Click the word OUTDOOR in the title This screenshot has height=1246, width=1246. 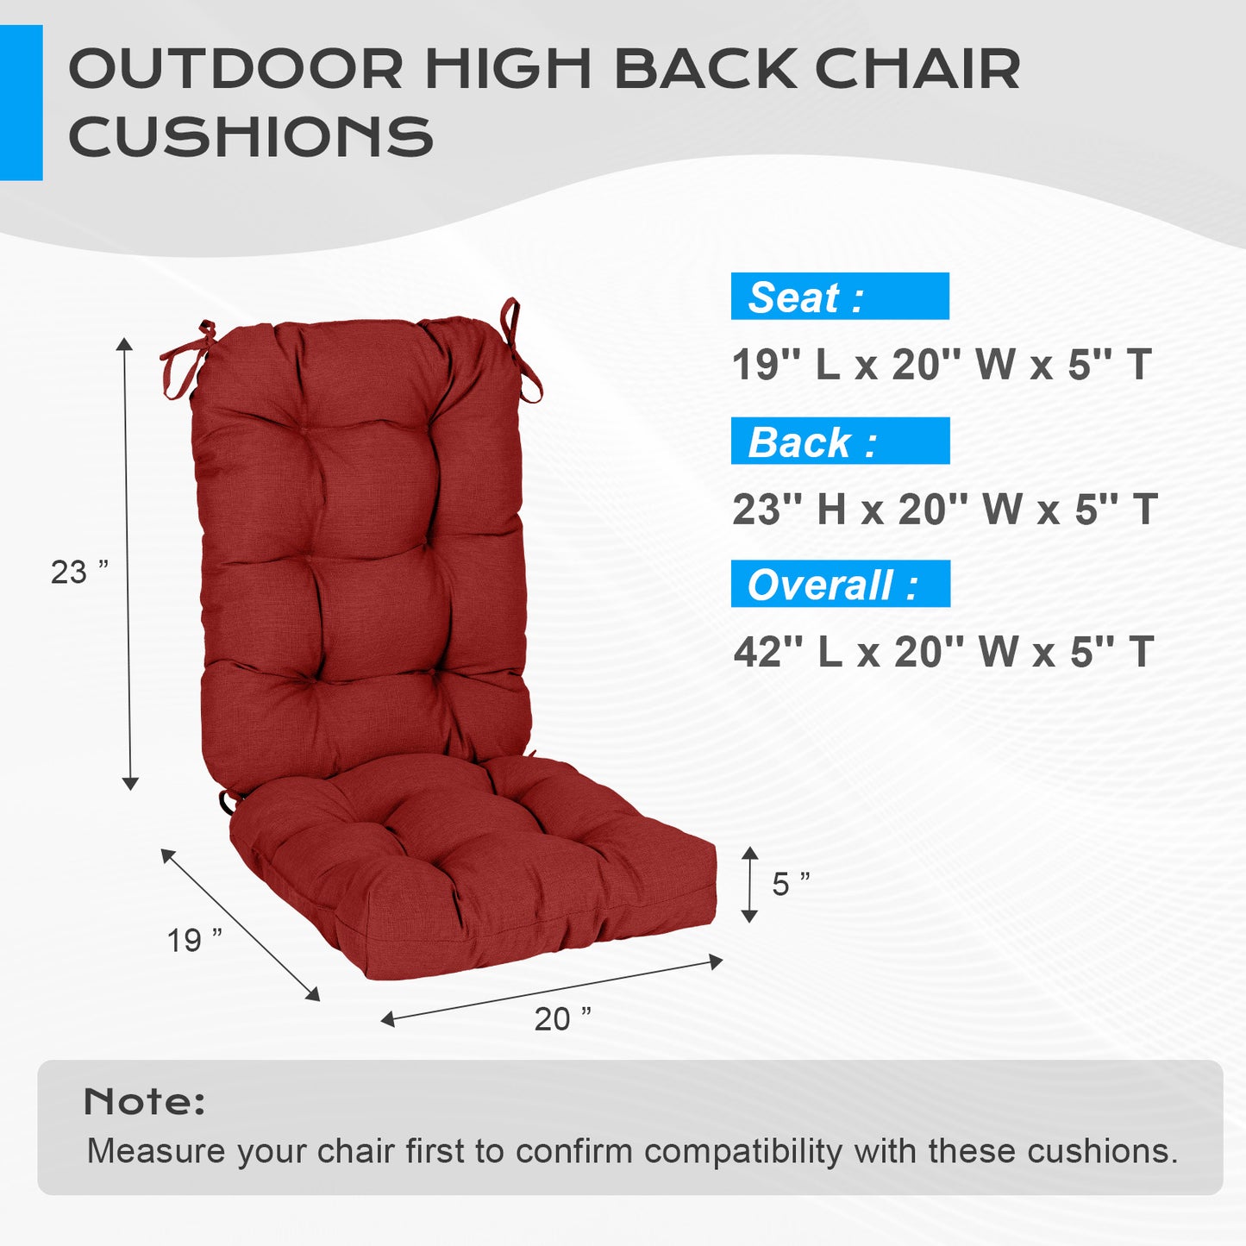tap(235, 69)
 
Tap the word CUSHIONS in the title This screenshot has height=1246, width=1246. tap(250, 136)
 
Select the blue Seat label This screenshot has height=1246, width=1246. tap(839, 297)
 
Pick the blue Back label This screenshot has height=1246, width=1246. tap(840, 441)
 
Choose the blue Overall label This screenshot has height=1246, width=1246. tap(840, 584)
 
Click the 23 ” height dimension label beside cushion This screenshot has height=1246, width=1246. tap(79, 572)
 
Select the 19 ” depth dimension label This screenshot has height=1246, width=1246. tap(195, 940)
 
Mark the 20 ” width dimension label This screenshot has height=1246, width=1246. tap(562, 1019)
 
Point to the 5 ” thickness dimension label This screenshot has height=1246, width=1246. tap(791, 884)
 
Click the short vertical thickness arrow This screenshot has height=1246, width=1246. tap(749, 884)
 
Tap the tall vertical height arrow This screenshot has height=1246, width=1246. tap(128, 564)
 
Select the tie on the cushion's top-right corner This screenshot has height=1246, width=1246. tap(520, 349)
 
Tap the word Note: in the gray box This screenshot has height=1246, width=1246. tap(145, 1102)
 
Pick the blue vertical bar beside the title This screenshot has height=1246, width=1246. tap(21, 103)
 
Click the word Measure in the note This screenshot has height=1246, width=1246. tap(156, 1151)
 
